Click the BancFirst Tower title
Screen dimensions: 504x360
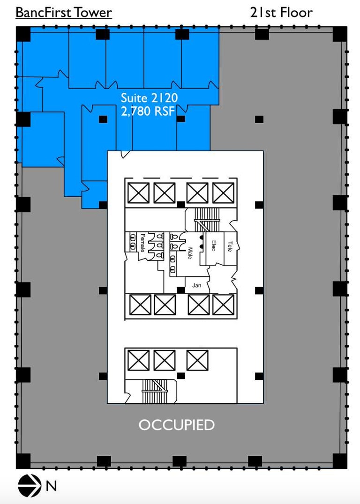pos(64,12)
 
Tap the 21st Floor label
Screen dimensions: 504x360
pos(281,12)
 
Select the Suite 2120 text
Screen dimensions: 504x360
pos(149,98)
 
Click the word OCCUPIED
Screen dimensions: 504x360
pos(176,425)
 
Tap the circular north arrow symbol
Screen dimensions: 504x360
pos(29,486)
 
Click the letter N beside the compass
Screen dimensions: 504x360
pos(51,487)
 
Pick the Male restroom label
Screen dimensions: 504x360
pos(190,253)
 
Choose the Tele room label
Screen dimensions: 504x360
pos(230,246)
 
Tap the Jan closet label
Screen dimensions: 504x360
pos(196,285)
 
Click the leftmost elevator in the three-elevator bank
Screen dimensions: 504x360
pos(138,360)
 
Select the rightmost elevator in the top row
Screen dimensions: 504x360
pos(223,193)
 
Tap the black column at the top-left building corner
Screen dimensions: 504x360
pos(23,34)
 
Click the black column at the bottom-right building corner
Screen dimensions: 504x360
pos(340,461)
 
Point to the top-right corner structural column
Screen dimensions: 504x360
pos(340,34)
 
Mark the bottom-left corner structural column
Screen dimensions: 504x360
pos(23,461)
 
